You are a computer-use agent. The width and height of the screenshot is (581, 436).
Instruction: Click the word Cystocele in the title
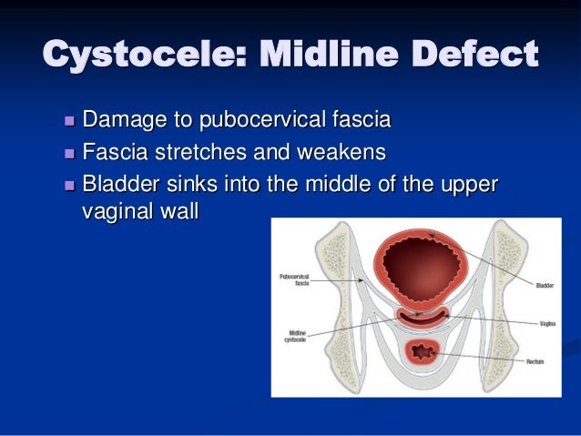(x=130, y=56)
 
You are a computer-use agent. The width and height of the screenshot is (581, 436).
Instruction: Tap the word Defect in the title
(x=468, y=56)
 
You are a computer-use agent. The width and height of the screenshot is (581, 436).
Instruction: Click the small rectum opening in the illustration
(x=422, y=350)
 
